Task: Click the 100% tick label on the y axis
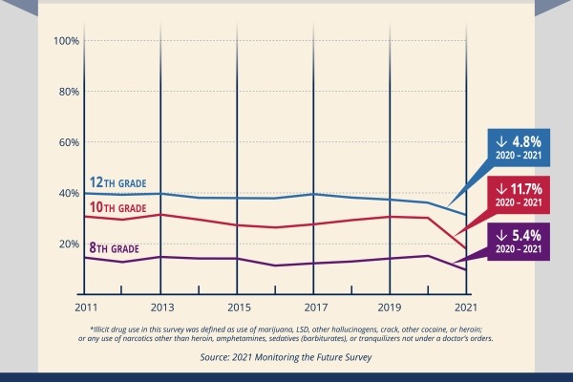65,41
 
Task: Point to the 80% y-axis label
67,92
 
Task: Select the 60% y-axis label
67,142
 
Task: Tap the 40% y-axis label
67,193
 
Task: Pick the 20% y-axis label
67,244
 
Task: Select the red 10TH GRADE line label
117,208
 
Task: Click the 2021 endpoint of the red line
465,247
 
